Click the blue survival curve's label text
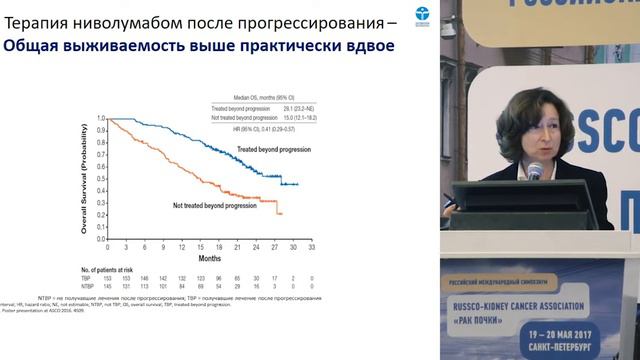coord(268,149)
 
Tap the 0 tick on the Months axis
coord(107,243)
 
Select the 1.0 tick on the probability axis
coord(100,118)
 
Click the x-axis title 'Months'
coord(208,254)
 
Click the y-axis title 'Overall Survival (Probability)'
coord(87,177)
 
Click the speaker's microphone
coord(535,171)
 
